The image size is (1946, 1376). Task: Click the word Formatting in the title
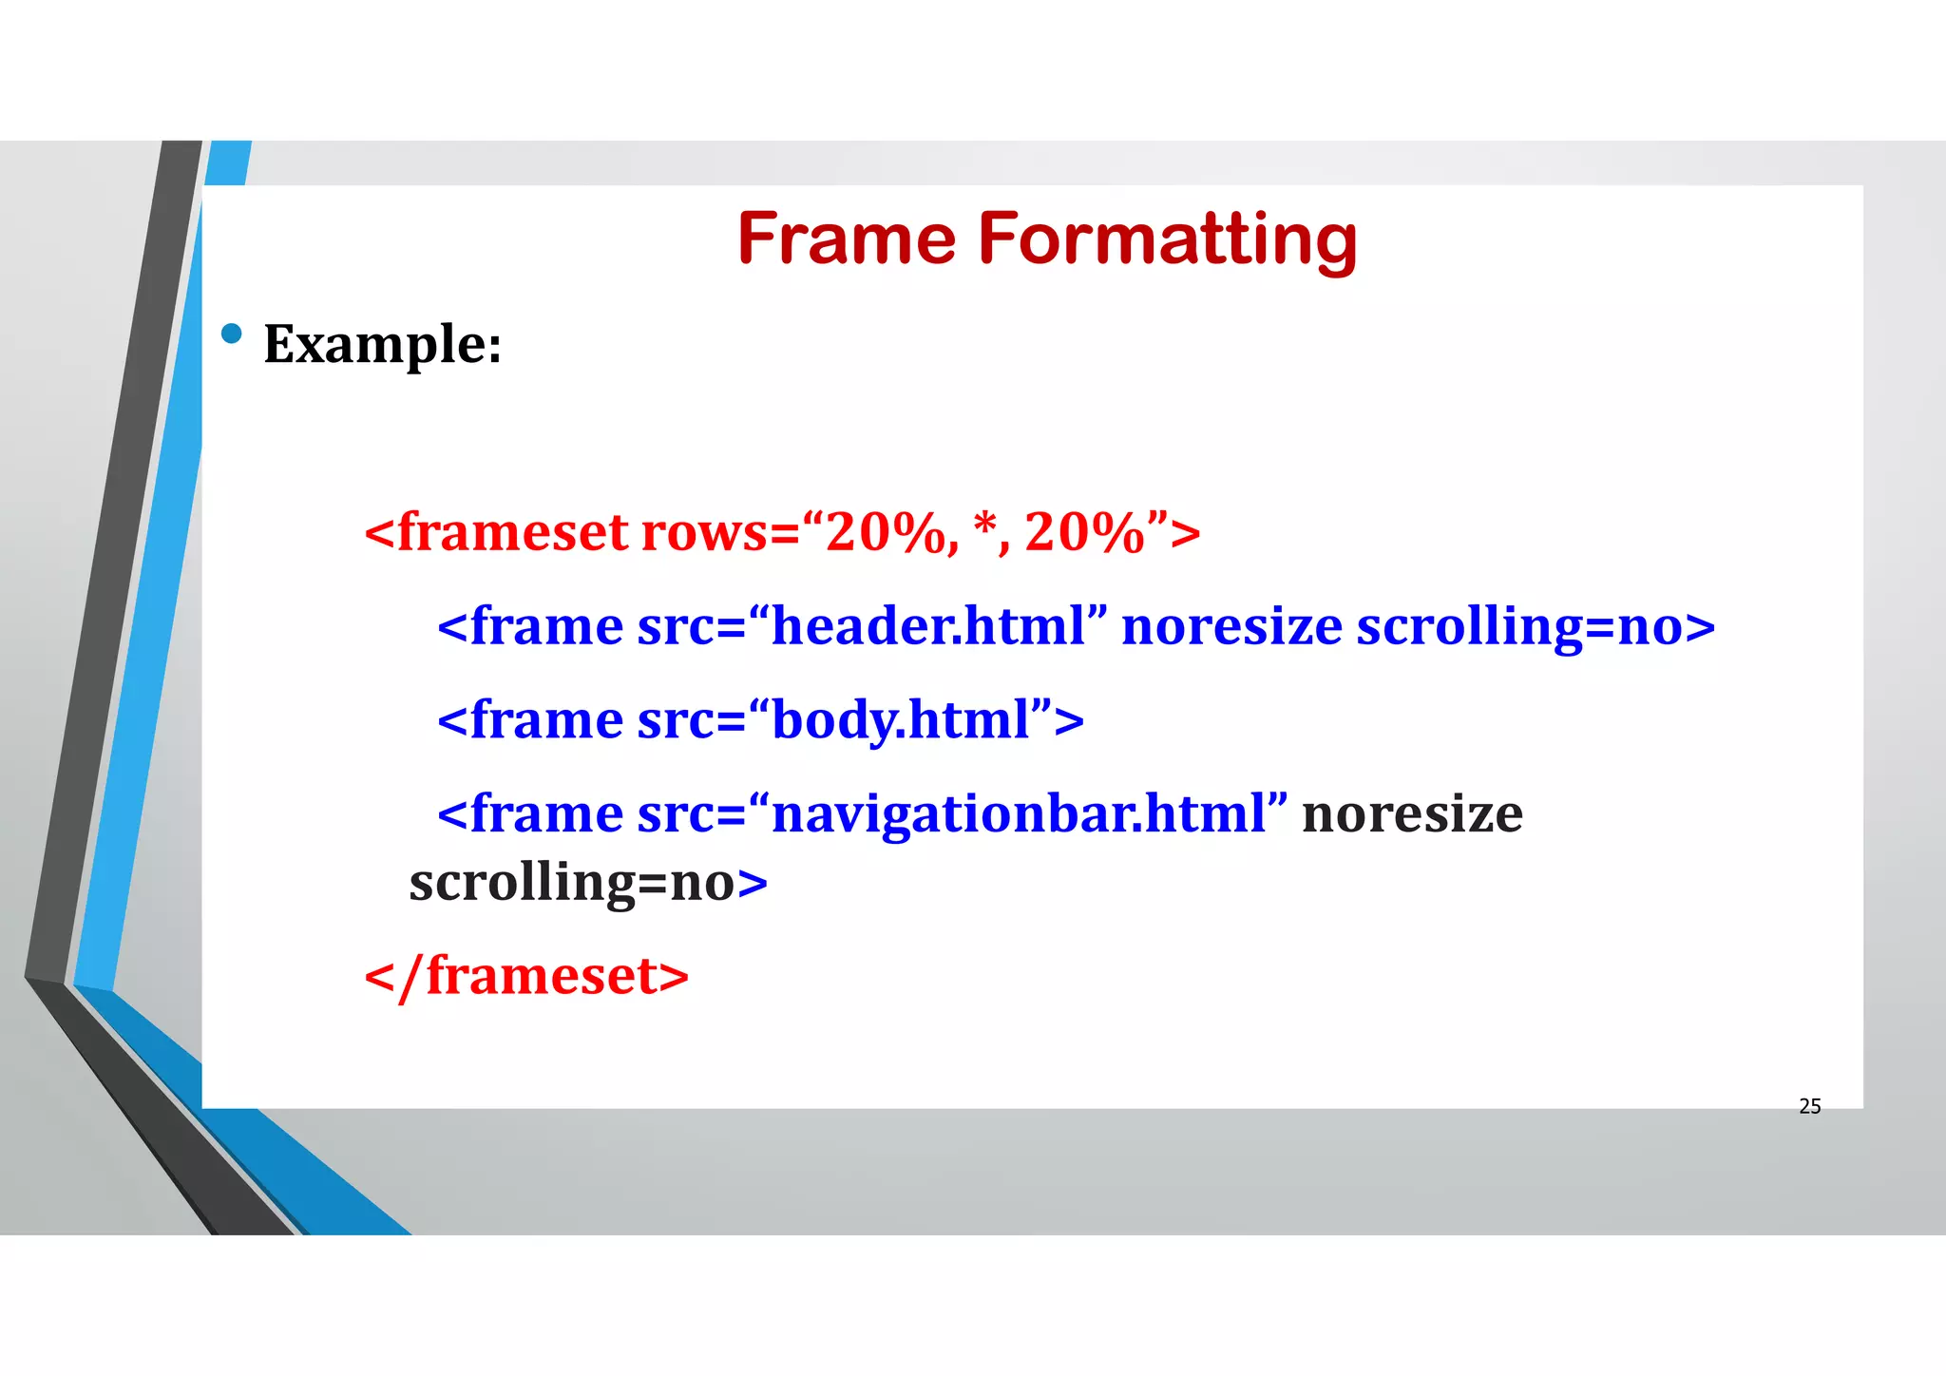[1168, 240]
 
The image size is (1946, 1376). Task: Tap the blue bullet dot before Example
[231, 334]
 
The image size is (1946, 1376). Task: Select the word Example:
[382, 344]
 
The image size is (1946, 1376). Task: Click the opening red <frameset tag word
[496, 532]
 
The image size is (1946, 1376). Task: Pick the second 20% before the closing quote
[1083, 532]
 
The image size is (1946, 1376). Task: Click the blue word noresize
[1231, 627]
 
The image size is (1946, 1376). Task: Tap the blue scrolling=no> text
[1536, 627]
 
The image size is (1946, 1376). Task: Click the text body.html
[901, 720]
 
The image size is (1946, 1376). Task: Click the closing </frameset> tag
[526, 976]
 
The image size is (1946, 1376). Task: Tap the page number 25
[1809, 1106]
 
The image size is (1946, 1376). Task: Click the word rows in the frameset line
[703, 532]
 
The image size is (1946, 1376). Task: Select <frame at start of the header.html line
[530, 627]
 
